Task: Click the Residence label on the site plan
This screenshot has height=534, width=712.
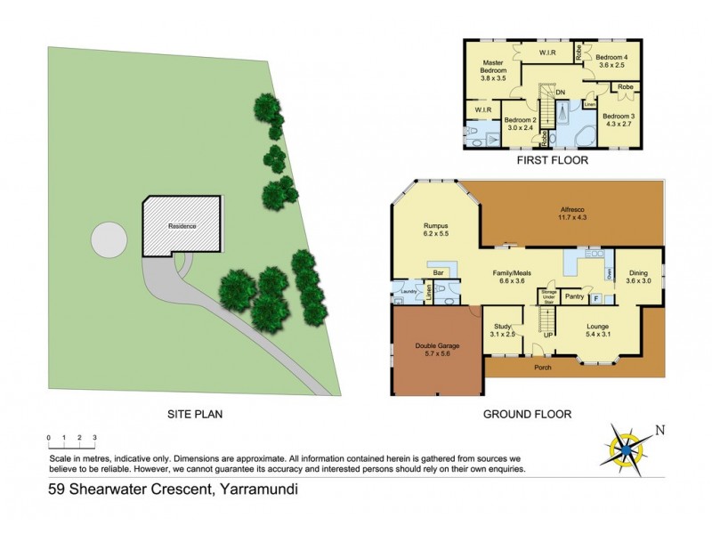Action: [182, 226]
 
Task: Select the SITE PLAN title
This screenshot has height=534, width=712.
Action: [194, 414]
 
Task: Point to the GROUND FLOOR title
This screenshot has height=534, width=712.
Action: [527, 414]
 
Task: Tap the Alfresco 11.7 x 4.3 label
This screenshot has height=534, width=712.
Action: [576, 211]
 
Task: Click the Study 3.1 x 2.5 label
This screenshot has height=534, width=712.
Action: [505, 331]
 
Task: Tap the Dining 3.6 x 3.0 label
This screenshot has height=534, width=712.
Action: [639, 277]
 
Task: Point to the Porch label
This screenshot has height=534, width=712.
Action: [542, 368]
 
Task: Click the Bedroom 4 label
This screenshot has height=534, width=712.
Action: [612, 61]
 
